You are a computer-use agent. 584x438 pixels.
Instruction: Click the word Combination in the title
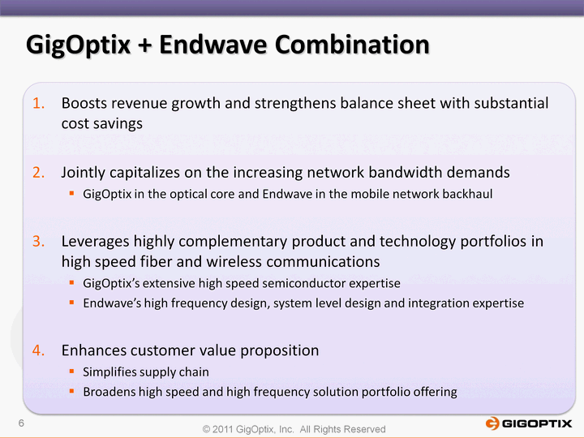coord(352,45)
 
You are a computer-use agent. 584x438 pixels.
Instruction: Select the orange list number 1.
coord(38,103)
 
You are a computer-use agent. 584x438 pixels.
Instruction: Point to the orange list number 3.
coord(38,242)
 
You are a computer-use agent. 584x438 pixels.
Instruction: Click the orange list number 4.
coord(38,350)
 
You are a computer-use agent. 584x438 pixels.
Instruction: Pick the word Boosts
coord(84,103)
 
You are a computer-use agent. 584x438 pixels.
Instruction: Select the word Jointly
coord(83,174)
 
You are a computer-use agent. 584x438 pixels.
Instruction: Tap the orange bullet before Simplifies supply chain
coord(72,371)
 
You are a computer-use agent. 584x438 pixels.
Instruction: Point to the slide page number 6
coord(21,423)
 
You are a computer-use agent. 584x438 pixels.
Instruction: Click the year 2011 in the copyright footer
coord(223,429)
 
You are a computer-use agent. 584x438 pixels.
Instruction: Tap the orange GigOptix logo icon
coord(492,423)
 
